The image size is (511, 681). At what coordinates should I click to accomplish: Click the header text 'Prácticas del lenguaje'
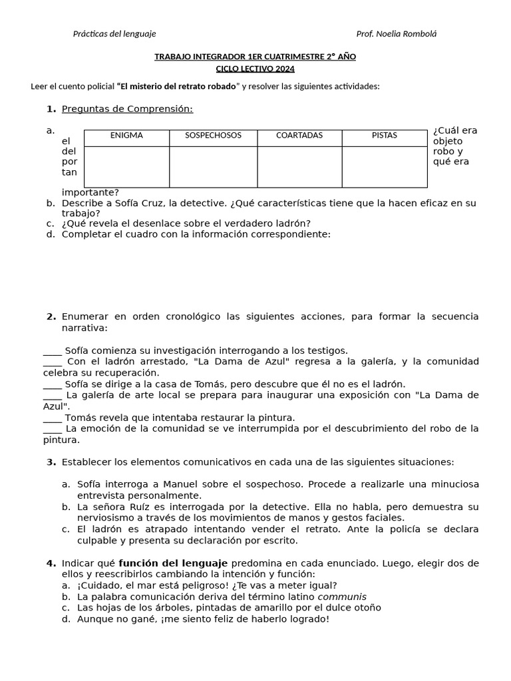114,34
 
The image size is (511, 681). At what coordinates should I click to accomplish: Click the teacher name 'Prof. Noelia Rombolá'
397,34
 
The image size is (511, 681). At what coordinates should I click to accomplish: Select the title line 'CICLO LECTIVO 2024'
255,68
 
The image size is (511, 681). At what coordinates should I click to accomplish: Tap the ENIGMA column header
126,136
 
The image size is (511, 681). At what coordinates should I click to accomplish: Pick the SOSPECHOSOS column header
213,136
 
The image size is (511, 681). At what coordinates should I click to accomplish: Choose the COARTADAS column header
299,136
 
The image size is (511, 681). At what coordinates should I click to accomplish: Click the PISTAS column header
385,136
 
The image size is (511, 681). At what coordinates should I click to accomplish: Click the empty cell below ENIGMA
126,166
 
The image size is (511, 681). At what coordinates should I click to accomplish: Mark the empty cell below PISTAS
385,166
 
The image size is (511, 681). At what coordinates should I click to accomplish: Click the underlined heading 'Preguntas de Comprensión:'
127,109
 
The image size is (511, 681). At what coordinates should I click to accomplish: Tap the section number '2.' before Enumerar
51,317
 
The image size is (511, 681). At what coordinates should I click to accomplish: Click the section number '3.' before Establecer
51,462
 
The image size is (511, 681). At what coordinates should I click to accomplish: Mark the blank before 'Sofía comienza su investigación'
52,350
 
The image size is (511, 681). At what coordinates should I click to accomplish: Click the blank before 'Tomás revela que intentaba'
52,418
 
